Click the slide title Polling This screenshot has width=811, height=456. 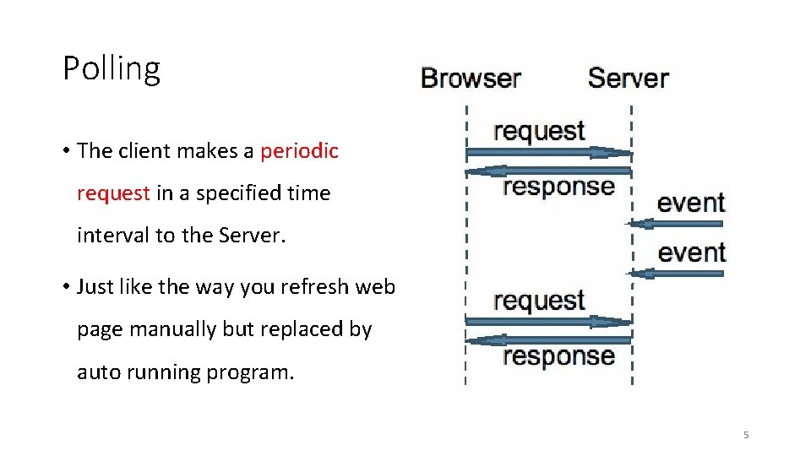112,69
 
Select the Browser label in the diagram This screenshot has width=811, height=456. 471,79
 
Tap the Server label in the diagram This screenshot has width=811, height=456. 628,79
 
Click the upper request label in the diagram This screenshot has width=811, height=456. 539,132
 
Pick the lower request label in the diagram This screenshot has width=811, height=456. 539,301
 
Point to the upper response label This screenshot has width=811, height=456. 558,187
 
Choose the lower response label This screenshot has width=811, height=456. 558,356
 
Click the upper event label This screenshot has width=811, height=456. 691,203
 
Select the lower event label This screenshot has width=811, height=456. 691,252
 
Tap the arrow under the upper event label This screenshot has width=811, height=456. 676,224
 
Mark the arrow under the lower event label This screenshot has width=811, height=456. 676,273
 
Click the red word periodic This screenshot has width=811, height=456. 299,151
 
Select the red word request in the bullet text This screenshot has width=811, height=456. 113,193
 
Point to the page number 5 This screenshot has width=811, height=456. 745,435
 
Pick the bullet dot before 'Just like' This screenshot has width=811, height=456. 66,287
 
